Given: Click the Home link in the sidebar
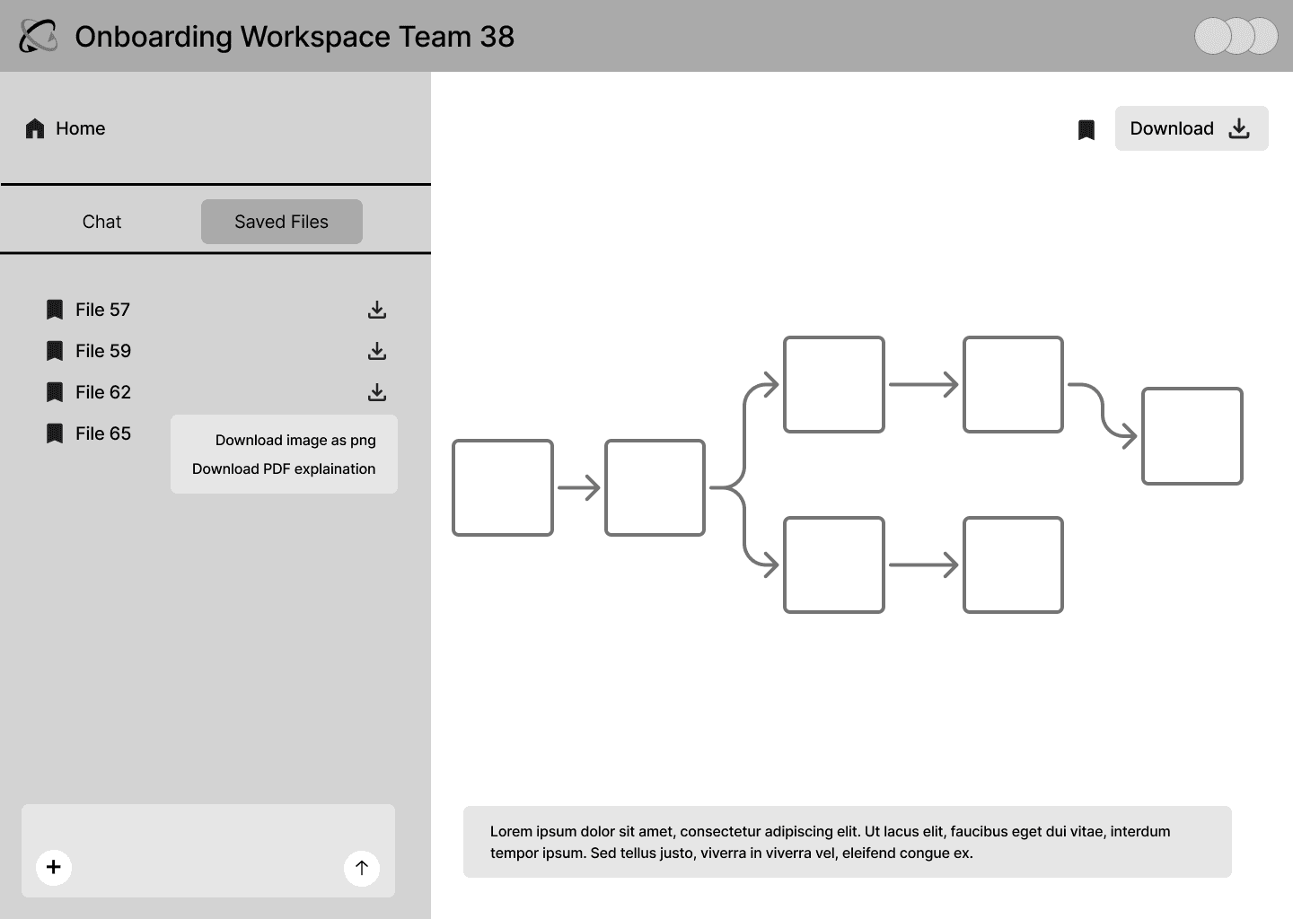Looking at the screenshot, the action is (66, 128).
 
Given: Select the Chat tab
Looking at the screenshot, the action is (101, 222).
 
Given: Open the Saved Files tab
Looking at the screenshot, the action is (282, 222).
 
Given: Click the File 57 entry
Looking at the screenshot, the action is (88, 310).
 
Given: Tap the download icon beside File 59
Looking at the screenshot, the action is (377, 351).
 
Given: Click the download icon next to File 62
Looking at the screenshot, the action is (377, 392).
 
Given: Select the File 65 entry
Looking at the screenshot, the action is (88, 433).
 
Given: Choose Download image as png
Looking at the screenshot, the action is (295, 440).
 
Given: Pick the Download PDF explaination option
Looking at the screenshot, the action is (284, 469).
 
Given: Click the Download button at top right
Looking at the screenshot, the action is (1192, 128).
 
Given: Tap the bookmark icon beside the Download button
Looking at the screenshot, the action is (1086, 129).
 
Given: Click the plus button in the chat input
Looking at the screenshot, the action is (54, 867).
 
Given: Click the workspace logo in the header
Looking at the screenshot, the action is (38, 36).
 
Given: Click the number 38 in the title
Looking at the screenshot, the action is (497, 37).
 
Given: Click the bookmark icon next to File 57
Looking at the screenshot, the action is (54, 310).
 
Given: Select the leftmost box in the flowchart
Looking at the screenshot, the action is (503, 488).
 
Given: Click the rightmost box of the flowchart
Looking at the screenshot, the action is (1192, 436).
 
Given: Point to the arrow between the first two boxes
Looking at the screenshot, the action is (579, 488).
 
